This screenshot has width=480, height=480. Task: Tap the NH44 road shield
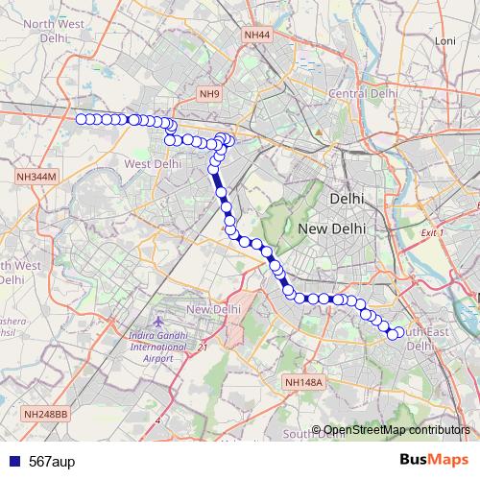257,36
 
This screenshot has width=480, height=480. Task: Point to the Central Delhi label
363,93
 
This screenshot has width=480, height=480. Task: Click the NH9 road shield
209,93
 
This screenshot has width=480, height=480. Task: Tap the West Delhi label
153,164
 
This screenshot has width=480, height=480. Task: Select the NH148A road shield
306,382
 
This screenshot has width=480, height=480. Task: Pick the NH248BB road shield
46,413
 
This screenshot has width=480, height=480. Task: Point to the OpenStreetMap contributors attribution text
396,429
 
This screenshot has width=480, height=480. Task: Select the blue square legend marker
12,460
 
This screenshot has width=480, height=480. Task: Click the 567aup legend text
54,460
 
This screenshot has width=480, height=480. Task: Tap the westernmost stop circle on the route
81,119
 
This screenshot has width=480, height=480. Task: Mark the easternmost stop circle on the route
400,332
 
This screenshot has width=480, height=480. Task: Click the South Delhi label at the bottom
315,434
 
